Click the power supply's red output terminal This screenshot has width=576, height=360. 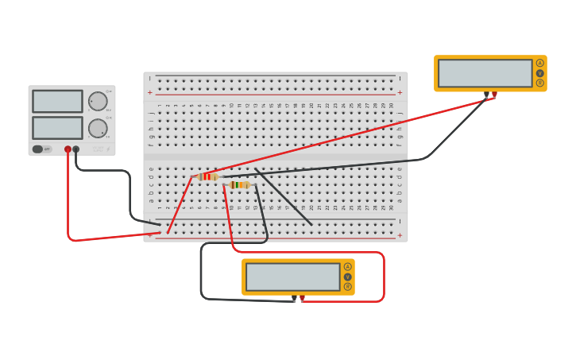pyautogui.click(x=68, y=149)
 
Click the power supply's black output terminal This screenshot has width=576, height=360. pyautogui.click(x=76, y=149)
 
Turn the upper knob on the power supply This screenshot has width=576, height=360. pyautogui.click(x=97, y=102)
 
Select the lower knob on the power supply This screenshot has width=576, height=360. pyautogui.click(x=97, y=128)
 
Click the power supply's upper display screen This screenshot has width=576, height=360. pyautogui.click(x=57, y=101)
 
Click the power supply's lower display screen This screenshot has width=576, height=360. pyautogui.click(x=57, y=127)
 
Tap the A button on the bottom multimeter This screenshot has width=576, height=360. pyautogui.click(x=347, y=267)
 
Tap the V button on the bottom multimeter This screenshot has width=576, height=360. pyautogui.click(x=347, y=277)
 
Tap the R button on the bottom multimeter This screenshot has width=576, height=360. pyautogui.click(x=347, y=286)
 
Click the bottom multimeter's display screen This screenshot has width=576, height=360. pyautogui.click(x=293, y=277)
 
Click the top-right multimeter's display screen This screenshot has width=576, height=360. pyautogui.click(x=485, y=73)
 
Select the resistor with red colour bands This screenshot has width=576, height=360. pyautogui.click(x=207, y=176)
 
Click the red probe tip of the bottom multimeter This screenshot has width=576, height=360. pyautogui.click(x=302, y=298)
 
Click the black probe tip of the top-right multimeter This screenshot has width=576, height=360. pyautogui.click(x=487, y=95)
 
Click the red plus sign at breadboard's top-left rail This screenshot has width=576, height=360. pyautogui.click(x=149, y=92)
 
